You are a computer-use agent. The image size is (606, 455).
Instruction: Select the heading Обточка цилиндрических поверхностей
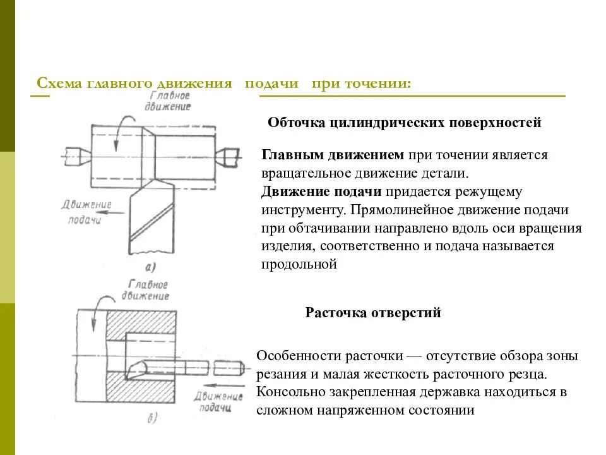click(x=405, y=123)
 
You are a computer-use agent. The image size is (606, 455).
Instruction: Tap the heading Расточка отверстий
click(x=373, y=312)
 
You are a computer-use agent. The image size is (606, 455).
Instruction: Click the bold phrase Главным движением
click(x=333, y=155)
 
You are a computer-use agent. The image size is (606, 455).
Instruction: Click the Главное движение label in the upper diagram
click(x=170, y=101)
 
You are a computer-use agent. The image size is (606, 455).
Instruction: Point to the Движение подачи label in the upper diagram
click(x=88, y=212)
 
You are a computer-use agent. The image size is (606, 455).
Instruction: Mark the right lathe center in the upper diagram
click(x=228, y=154)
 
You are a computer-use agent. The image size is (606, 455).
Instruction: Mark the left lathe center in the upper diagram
click(x=76, y=154)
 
